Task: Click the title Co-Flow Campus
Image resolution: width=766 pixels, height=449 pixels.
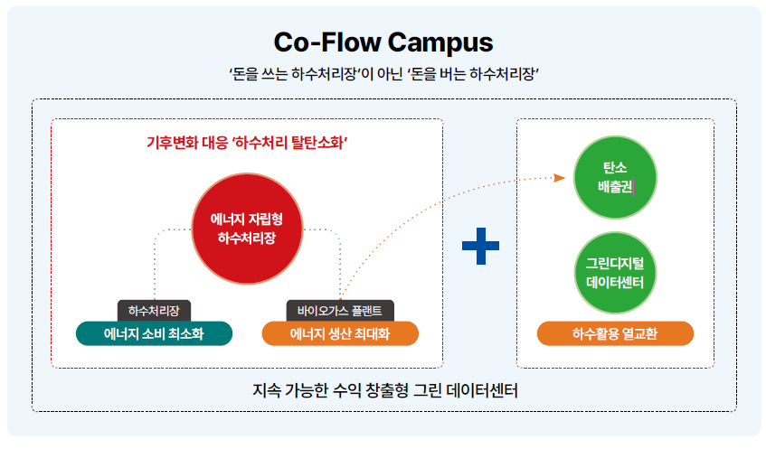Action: pyautogui.click(x=383, y=42)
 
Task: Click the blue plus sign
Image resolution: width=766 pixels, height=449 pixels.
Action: pyautogui.click(x=480, y=246)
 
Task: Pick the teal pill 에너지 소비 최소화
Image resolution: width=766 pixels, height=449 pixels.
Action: pyautogui.click(x=154, y=333)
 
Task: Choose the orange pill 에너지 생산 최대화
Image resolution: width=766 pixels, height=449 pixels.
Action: pyautogui.click(x=340, y=333)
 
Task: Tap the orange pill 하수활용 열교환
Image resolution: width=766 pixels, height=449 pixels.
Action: pyautogui.click(x=615, y=333)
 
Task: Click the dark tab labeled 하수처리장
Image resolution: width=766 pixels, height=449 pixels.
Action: pyautogui.click(x=154, y=310)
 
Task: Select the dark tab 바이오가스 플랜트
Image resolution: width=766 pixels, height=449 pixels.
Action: pyautogui.click(x=340, y=310)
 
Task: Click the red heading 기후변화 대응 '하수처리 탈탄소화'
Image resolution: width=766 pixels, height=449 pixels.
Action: pyautogui.click(x=247, y=143)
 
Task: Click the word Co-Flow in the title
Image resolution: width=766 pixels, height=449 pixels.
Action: pyautogui.click(x=327, y=42)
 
